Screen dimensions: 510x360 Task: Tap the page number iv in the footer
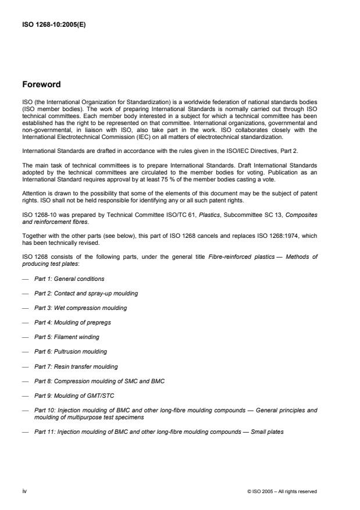pyautogui.click(x=25, y=491)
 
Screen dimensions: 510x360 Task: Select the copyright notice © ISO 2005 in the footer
pyautogui.click(x=282, y=491)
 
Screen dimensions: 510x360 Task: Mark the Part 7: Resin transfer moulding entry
pyautogui.click(x=76, y=366)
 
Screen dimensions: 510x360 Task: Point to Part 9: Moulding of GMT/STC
pyautogui.click(x=69, y=395)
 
